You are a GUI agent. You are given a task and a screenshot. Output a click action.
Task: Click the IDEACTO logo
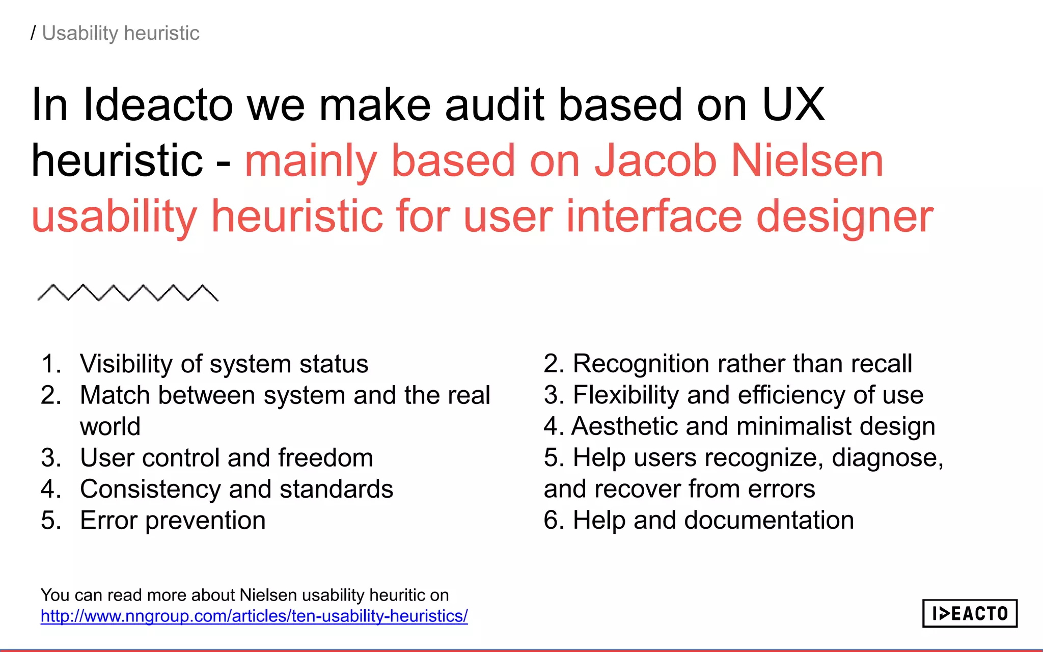(x=969, y=613)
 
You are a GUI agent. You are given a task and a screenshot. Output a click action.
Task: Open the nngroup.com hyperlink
(x=254, y=616)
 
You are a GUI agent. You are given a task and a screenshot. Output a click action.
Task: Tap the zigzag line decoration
(x=128, y=293)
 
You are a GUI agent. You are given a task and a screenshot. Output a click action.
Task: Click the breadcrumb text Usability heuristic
(x=121, y=33)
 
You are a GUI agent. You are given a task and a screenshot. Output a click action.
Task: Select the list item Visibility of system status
(x=224, y=364)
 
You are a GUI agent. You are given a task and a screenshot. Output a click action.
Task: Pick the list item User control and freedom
(x=226, y=458)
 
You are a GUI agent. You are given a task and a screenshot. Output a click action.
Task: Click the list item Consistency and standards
(x=236, y=490)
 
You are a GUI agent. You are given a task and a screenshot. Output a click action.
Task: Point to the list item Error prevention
(x=173, y=521)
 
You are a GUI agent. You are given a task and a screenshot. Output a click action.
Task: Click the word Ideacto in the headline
(x=158, y=105)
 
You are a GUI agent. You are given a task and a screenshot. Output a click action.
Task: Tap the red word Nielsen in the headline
(x=807, y=161)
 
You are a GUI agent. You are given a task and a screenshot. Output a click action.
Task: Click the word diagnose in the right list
(x=886, y=458)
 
